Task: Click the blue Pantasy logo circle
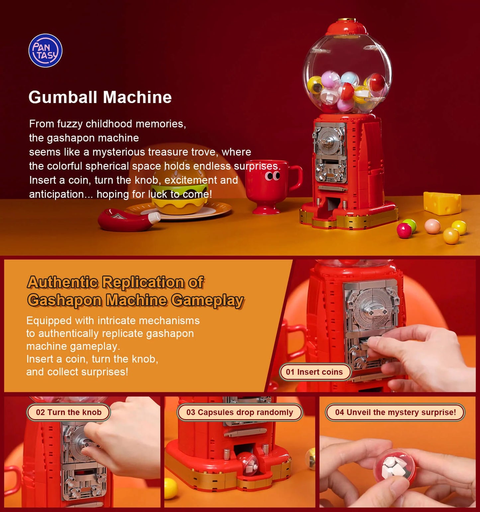coord(45,51)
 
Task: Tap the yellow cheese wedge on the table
coord(442,203)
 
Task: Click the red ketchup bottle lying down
coord(128,220)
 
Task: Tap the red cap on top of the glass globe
coord(346,27)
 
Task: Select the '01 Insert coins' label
coord(314,372)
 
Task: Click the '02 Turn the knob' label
coord(68,412)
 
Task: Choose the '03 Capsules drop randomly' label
coord(240,412)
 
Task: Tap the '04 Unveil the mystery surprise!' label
coord(395,412)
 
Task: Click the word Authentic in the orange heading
coord(62,282)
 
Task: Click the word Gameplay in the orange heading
coord(208,300)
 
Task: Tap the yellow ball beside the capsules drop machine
coord(170,488)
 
